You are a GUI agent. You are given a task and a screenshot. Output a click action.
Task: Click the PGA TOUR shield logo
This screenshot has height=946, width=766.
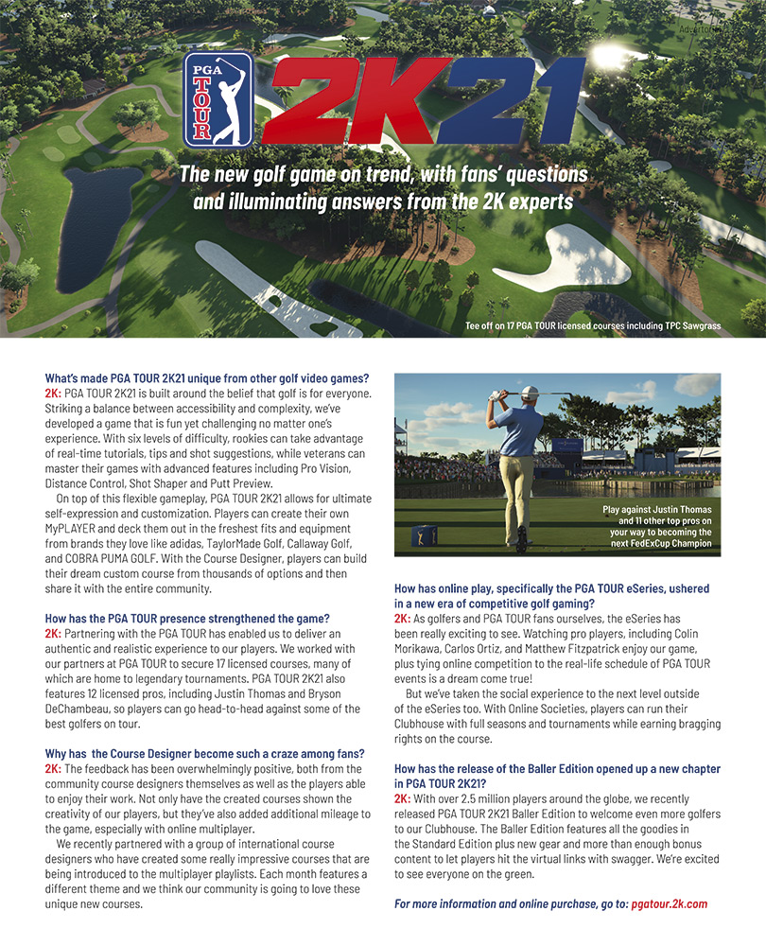218,99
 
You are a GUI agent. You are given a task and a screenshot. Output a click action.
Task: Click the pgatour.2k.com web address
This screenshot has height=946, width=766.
669,903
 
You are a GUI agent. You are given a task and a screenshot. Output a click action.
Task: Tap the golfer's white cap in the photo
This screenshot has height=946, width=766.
529,392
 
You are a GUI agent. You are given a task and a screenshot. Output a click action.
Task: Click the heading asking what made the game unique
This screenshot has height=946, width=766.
206,379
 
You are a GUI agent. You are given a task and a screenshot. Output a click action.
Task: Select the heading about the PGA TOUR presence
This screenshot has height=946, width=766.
186,618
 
